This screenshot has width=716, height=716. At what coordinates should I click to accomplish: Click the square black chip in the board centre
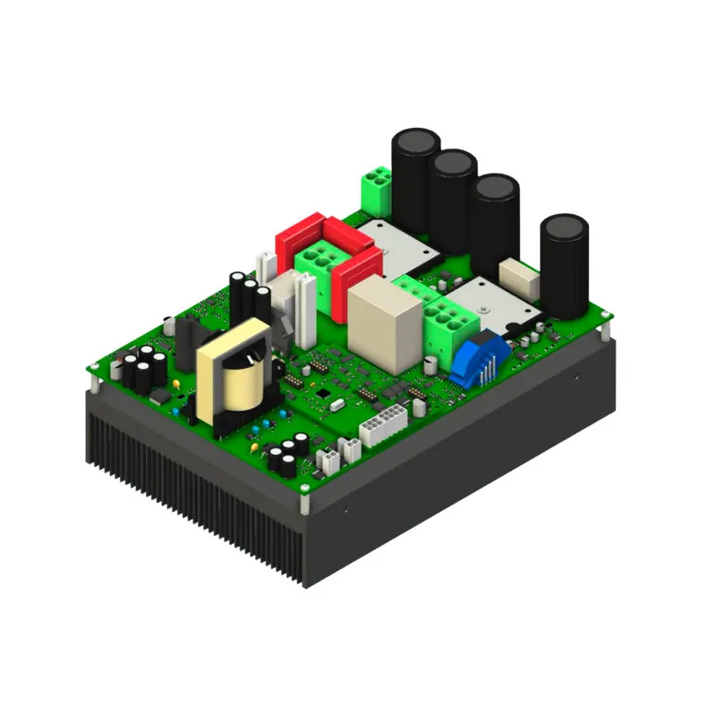(321, 393)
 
